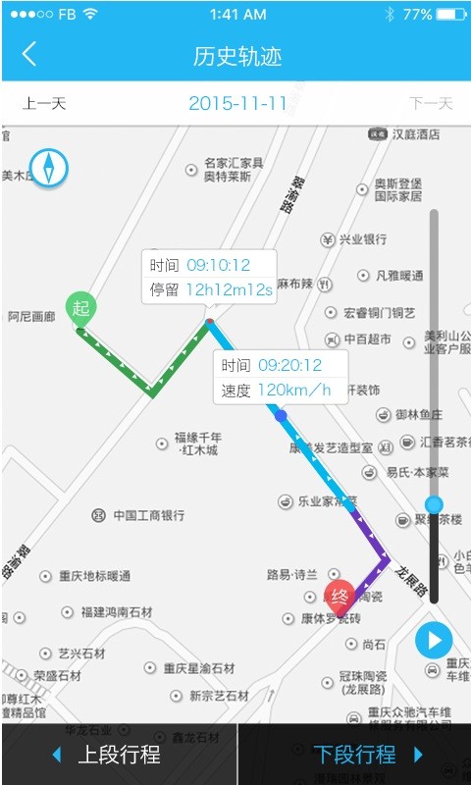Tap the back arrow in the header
[x=29, y=54]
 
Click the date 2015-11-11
[x=237, y=103]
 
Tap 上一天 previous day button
[x=44, y=103]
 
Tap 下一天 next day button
[x=430, y=103]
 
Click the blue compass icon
[x=49, y=167]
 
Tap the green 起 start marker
[x=80, y=309]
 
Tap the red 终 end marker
[x=340, y=597]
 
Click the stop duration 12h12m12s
[x=230, y=290]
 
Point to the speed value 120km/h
[x=294, y=391]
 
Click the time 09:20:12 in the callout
[x=290, y=365]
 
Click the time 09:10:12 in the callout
[x=219, y=265]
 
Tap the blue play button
[x=433, y=641]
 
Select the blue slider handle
[x=434, y=504]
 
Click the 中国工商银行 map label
[x=148, y=515]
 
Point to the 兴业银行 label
[x=362, y=239]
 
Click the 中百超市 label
[x=367, y=340]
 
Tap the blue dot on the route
[x=281, y=416]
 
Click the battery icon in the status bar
[x=451, y=15]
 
